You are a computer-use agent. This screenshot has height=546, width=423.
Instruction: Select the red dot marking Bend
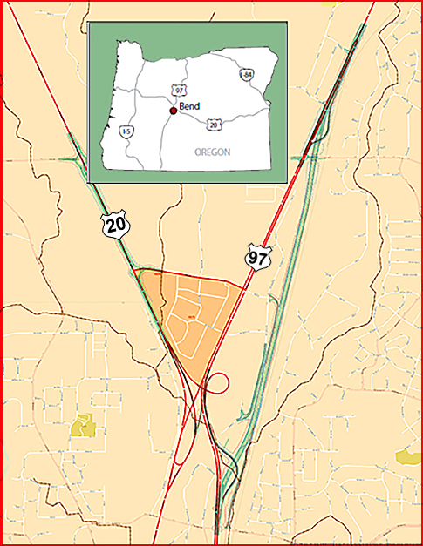point(173,110)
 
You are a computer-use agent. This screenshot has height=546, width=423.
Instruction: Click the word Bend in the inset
point(189,107)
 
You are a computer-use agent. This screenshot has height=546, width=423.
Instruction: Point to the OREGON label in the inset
point(213,152)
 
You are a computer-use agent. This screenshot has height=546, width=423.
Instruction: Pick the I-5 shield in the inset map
point(126,131)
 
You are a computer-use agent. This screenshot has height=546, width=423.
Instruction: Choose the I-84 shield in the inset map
point(247,76)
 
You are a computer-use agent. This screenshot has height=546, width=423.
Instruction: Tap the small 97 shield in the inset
point(178,91)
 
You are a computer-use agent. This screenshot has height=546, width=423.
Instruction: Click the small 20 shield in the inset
point(213,125)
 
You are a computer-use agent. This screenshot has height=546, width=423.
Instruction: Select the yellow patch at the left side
point(83,425)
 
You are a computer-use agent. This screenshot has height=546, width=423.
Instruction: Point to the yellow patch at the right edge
point(407,456)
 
